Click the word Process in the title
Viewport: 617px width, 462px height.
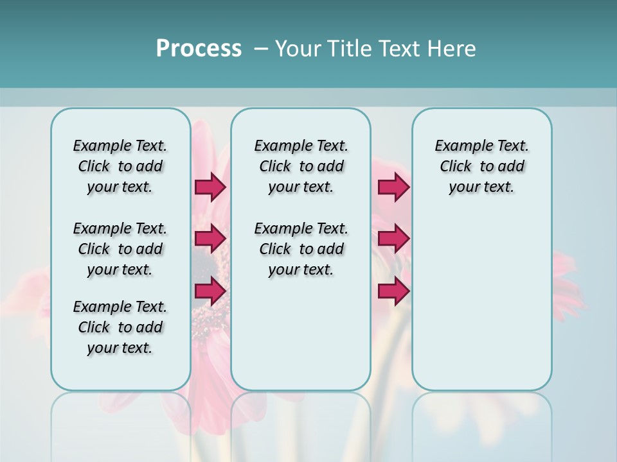[x=199, y=48]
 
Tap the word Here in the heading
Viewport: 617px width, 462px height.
[x=452, y=49]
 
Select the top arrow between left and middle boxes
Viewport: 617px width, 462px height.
[x=210, y=187]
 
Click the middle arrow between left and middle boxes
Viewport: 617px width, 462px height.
[x=210, y=239]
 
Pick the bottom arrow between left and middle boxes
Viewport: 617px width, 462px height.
[x=210, y=291]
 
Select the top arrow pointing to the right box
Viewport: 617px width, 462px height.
[x=393, y=187]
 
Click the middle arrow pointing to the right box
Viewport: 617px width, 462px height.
[x=393, y=239]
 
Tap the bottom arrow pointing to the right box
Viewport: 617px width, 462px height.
[x=393, y=291]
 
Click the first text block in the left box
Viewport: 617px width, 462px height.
[x=120, y=166]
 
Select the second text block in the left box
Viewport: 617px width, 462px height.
[x=120, y=249]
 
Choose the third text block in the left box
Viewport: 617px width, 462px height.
[x=120, y=327]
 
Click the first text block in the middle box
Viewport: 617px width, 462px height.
[x=301, y=166]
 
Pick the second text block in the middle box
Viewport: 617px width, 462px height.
[x=301, y=249]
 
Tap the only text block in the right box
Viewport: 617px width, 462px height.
[x=481, y=166]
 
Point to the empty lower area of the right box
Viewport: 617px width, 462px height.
[x=481, y=302]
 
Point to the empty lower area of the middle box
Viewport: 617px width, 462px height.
[x=301, y=334]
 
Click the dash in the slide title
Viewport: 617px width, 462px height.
[x=261, y=48]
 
